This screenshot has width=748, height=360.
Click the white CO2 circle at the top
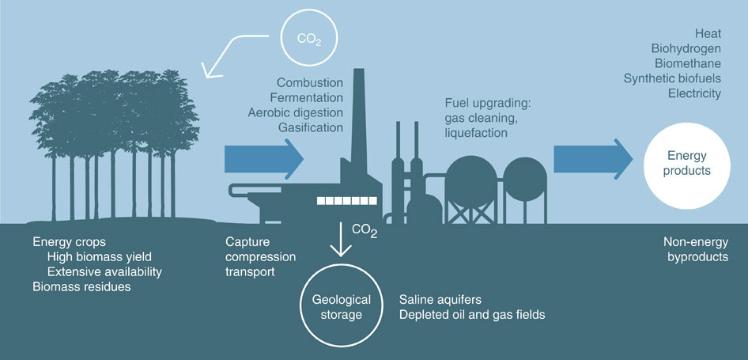[308, 36]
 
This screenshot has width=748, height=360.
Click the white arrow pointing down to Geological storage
[341, 240]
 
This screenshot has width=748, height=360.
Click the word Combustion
[310, 83]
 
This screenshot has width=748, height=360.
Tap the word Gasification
[310, 127]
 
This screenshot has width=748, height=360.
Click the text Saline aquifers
[440, 300]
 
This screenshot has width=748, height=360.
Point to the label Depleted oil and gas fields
[473, 315]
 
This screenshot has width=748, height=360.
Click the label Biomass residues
[81, 286]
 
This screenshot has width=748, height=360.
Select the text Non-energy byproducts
[693, 248]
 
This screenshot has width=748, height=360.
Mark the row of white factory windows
[346, 201]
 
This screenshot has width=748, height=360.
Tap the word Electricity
[694, 93]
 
